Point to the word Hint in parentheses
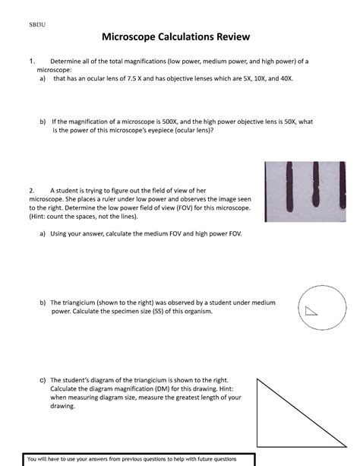40,216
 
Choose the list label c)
43,379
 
